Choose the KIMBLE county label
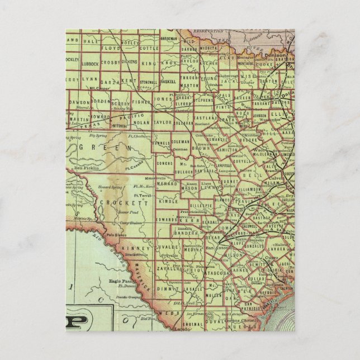pos(167,199)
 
